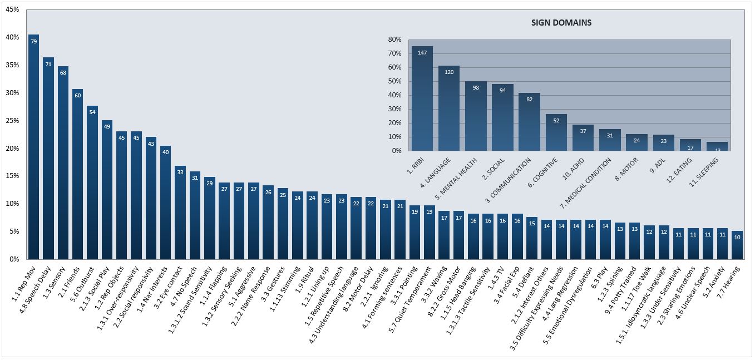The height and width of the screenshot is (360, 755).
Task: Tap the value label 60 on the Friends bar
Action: [x=78, y=95]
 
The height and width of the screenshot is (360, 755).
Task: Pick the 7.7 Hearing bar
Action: [x=737, y=245]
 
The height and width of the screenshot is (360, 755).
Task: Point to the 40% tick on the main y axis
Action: [x=12, y=37]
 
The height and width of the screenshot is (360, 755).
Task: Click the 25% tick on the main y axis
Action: [x=12, y=121]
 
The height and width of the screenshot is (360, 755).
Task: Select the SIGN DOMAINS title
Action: [x=561, y=23]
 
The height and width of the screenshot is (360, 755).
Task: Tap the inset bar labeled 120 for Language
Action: [x=449, y=108]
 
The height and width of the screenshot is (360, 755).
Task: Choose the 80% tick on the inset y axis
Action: [x=394, y=40]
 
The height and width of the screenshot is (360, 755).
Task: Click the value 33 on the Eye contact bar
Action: [x=180, y=172]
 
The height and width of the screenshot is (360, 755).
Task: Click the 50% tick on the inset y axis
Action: [x=394, y=81]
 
